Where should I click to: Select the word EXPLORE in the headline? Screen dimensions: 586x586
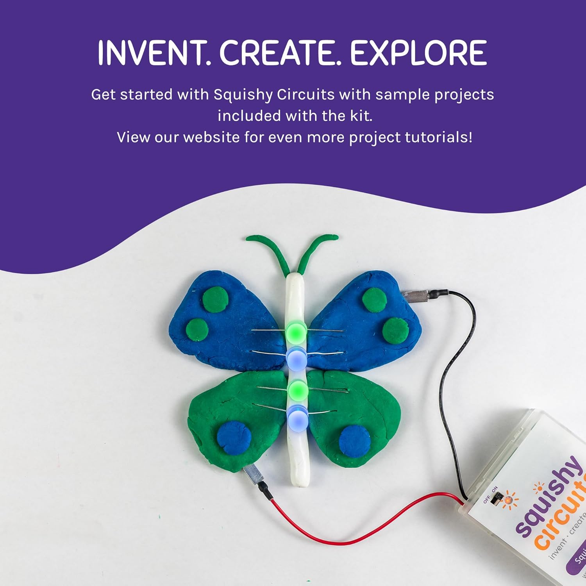(x=418, y=53)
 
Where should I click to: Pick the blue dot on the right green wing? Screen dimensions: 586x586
(x=354, y=440)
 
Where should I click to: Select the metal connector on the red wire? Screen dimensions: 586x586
(x=252, y=475)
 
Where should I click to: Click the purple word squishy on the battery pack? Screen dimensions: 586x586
(x=549, y=496)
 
